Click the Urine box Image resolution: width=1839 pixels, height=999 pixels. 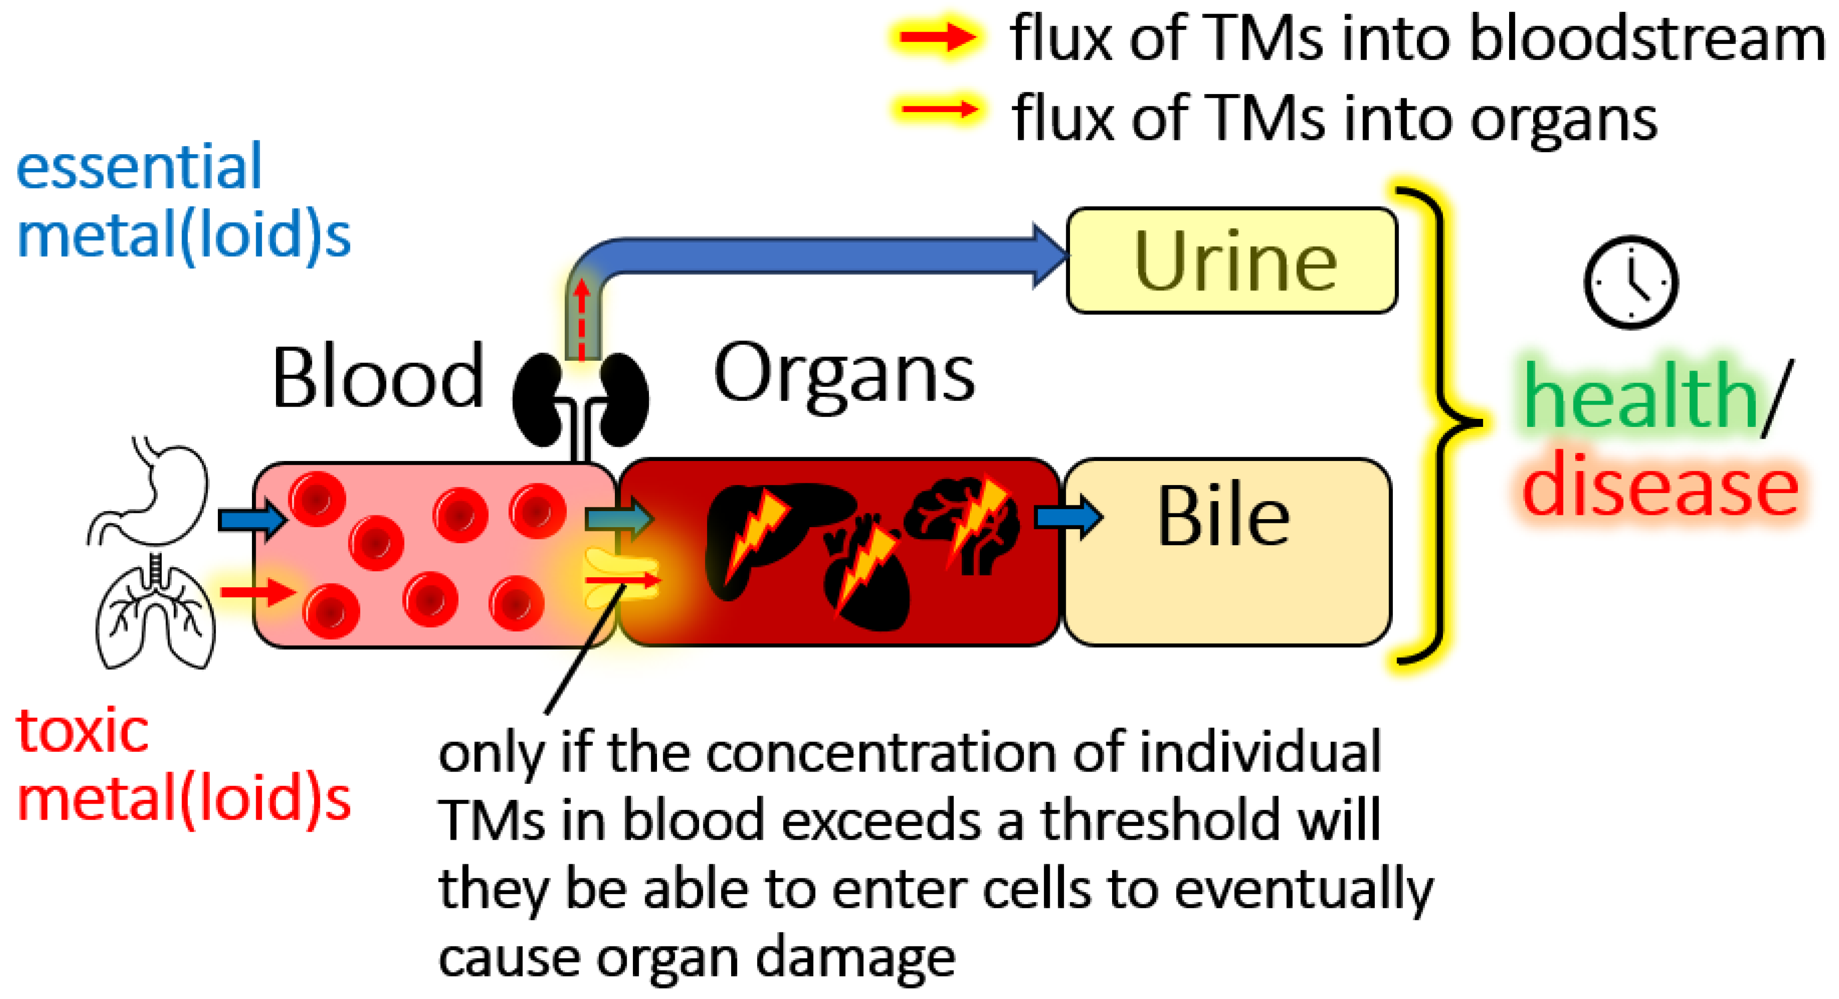(x=1232, y=261)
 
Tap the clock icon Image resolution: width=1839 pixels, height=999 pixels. (x=1631, y=282)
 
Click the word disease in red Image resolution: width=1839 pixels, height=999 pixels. (x=1660, y=486)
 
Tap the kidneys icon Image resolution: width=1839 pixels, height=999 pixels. (x=580, y=400)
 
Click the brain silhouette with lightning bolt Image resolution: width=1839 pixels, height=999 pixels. (x=964, y=521)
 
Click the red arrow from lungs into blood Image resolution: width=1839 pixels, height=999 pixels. (x=257, y=591)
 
